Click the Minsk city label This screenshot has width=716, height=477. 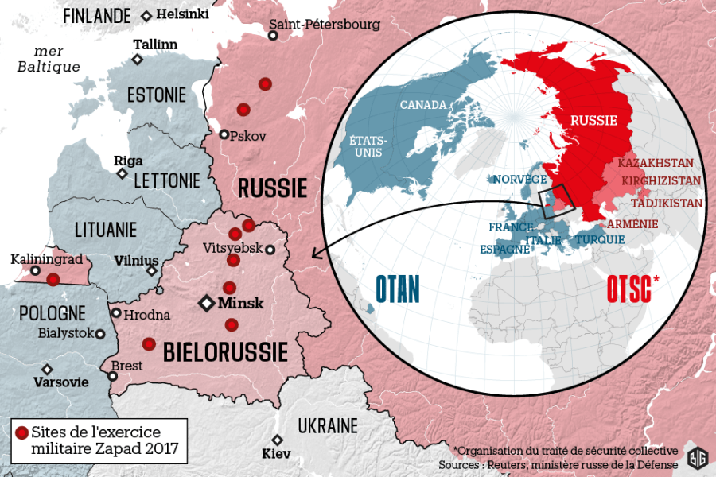(x=241, y=303)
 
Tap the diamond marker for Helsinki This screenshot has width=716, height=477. (x=146, y=16)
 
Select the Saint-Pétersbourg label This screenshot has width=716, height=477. (x=324, y=25)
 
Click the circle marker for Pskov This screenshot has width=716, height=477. (x=224, y=134)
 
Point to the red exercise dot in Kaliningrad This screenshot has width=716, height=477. (x=53, y=279)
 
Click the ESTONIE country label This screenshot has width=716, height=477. (x=156, y=95)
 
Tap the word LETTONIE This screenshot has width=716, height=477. (x=167, y=180)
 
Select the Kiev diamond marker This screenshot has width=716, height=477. (x=277, y=440)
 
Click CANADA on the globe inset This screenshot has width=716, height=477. (x=424, y=105)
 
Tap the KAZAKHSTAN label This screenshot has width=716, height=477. (x=656, y=163)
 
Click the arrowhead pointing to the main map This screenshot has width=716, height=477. (x=316, y=254)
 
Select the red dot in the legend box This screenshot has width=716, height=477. (x=21, y=433)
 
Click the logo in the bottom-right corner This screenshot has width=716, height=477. (x=696, y=459)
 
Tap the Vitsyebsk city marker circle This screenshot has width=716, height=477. (x=270, y=250)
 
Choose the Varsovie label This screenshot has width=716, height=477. (x=60, y=382)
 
